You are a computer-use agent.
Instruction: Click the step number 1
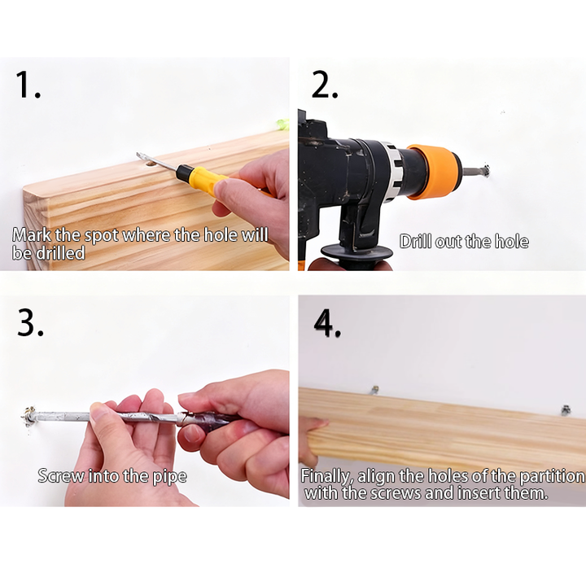click(x=28, y=85)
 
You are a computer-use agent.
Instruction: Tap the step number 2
click(x=325, y=85)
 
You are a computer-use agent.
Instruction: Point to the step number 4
click(x=327, y=324)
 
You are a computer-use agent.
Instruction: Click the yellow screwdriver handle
click(x=203, y=178)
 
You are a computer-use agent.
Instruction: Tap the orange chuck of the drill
click(x=434, y=172)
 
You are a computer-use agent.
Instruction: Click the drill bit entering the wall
click(x=474, y=172)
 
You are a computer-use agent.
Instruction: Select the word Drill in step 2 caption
click(x=415, y=241)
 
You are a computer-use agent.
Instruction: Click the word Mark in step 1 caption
click(x=32, y=235)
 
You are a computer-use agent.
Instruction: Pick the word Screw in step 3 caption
click(x=61, y=476)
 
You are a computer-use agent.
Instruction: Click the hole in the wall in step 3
click(x=29, y=416)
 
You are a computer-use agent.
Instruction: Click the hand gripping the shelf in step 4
click(x=312, y=441)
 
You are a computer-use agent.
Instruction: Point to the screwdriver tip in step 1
click(x=139, y=155)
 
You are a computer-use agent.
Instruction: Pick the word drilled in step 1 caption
click(x=59, y=253)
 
